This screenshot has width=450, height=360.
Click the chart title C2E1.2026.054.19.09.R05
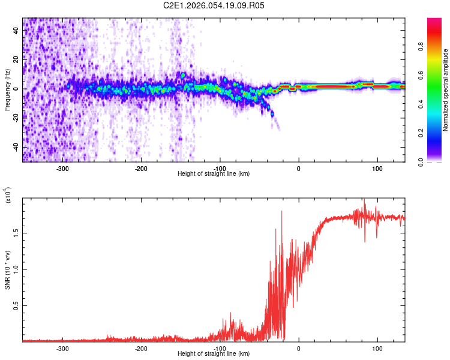tap(214, 5)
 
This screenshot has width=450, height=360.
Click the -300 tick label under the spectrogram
tap(62, 169)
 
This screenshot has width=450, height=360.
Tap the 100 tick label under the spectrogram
tap(377, 169)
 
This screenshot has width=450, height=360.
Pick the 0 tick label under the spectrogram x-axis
tap(299, 169)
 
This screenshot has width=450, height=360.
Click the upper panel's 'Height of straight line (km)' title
tap(214, 174)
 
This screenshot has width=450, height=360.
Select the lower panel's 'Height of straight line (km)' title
tap(214, 354)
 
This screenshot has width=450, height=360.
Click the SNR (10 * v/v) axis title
tap(7, 270)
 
